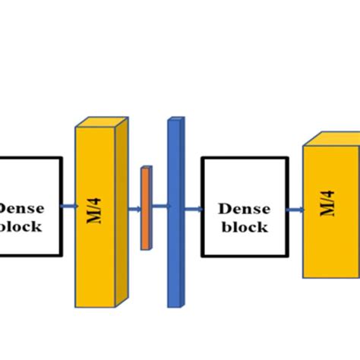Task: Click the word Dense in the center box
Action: [245, 207]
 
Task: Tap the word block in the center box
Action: [245, 226]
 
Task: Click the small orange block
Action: [145, 209]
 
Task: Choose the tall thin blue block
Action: [174, 213]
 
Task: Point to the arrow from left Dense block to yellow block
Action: [69, 206]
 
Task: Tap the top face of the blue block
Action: [177, 119]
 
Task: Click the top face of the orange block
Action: [147, 168]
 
